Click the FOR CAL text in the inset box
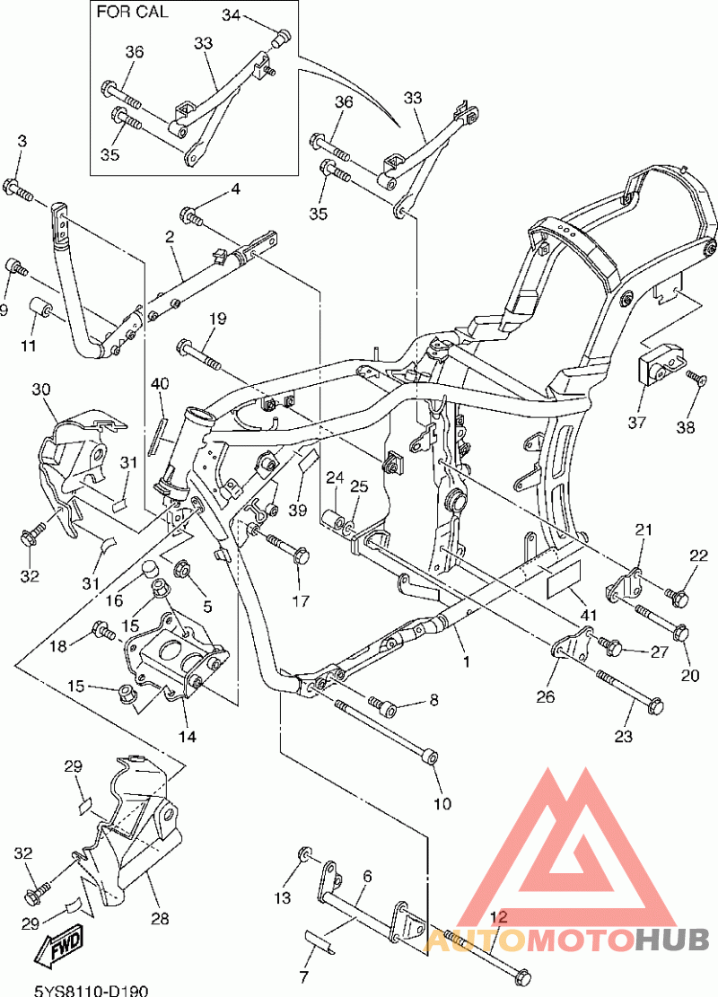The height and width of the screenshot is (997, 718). click(x=132, y=12)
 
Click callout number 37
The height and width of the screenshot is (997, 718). click(x=636, y=422)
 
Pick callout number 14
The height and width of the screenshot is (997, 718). click(x=187, y=736)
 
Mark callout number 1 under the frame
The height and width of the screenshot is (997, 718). click(x=466, y=662)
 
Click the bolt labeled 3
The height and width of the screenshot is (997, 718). click(x=17, y=189)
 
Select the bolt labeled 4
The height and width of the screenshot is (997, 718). click(x=192, y=216)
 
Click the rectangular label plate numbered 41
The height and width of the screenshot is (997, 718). click(x=563, y=579)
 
